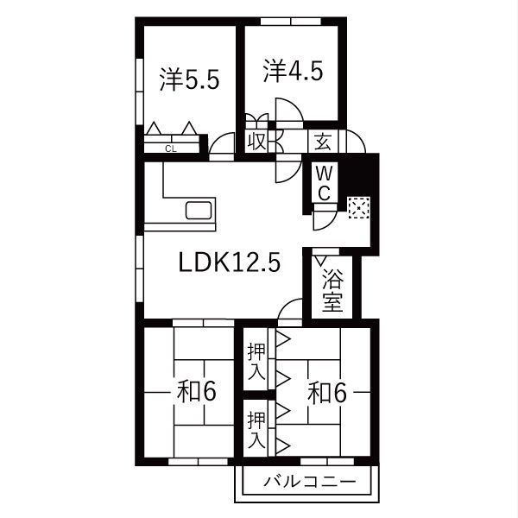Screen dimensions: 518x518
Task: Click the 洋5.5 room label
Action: tap(189, 79)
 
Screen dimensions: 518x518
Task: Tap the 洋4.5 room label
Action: tap(293, 71)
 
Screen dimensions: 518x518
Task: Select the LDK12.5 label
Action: tap(230, 262)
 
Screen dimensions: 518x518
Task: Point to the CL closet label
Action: tap(171, 149)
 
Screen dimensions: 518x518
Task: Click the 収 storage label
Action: tap(257, 142)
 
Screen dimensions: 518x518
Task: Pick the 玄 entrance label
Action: tap(323, 142)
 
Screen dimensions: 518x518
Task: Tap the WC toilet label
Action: tap(324, 183)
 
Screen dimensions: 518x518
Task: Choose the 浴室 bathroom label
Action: tap(332, 290)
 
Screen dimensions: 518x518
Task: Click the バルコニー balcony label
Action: tap(310, 482)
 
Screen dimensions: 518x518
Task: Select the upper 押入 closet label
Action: tap(256, 361)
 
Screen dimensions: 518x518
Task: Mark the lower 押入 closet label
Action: tap(256, 429)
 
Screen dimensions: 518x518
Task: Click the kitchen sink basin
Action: tap(199, 211)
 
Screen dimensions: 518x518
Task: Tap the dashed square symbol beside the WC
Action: tap(358, 208)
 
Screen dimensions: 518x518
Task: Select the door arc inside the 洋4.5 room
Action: tap(294, 105)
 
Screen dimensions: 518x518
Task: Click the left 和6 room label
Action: tap(197, 391)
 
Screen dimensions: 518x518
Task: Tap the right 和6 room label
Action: tap(327, 392)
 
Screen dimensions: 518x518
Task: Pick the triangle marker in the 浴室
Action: tap(320, 261)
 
